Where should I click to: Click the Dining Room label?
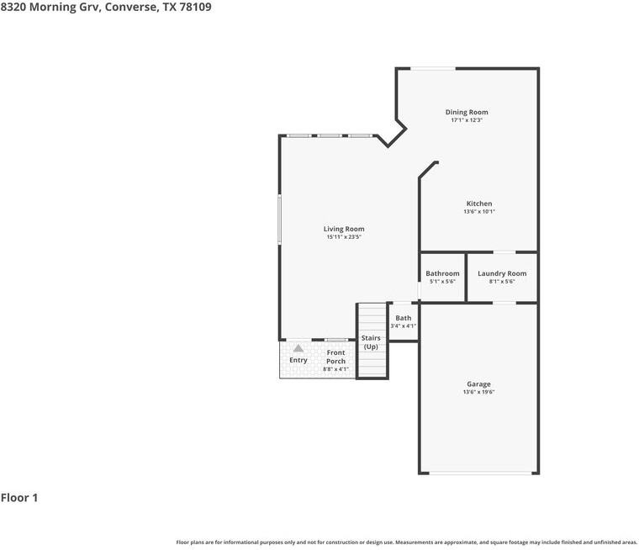tap(467, 112)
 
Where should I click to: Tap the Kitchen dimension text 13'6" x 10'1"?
tap(479, 212)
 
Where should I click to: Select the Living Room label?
tap(344, 229)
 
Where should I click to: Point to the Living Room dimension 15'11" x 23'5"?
tap(344, 237)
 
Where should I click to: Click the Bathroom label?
tap(442, 273)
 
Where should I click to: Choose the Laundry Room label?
tap(502, 273)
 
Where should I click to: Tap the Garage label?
tap(479, 384)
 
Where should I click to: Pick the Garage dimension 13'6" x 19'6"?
tap(479, 393)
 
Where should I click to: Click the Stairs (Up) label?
tap(371, 342)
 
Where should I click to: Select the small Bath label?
tap(404, 318)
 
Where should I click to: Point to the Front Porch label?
tap(335, 357)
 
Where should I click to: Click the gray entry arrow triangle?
tap(298, 347)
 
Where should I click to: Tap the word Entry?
tap(298, 360)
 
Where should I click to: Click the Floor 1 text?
tap(19, 498)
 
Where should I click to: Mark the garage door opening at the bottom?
tap(479, 473)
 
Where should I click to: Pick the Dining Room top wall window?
tap(433, 68)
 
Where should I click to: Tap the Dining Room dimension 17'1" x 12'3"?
tap(467, 120)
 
